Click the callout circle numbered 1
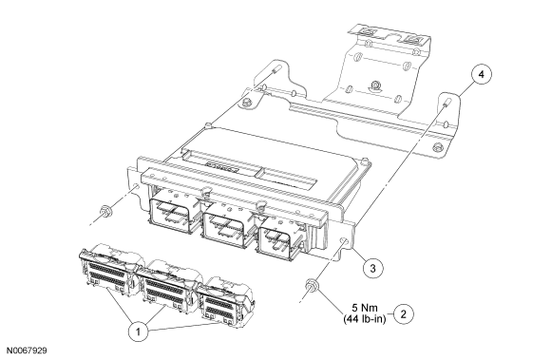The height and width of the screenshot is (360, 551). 138,331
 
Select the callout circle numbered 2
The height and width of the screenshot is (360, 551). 404,313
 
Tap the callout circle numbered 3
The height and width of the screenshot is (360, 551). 372,269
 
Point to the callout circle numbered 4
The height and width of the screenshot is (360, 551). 482,74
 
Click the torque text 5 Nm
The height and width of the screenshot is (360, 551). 365,308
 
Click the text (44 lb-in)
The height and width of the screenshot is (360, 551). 365,319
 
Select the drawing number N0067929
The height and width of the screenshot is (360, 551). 27,351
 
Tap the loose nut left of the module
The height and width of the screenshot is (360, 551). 104,212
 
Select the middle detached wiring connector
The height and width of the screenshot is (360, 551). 167,285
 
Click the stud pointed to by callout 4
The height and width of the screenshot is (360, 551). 446,104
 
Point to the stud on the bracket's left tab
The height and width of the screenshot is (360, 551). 275,68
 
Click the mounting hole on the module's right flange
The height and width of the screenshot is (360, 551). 343,241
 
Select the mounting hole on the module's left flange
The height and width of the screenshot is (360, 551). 136,186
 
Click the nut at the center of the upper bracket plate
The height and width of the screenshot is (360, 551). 375,85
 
